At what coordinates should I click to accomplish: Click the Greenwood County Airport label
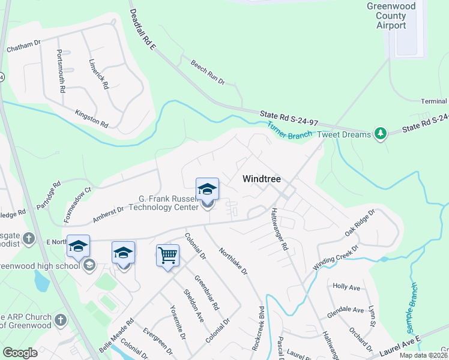coord(395,16)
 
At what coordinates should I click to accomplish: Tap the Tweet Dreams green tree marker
coord(379,134)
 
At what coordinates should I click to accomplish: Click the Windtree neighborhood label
coord(262,179)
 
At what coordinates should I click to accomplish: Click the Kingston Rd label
coord(91,119)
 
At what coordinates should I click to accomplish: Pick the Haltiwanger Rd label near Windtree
coord(280,229)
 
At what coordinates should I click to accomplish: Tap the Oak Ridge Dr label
coord(360,222)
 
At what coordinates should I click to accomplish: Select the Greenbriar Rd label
coord(206,288)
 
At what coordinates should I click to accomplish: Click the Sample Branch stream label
coord(412,304)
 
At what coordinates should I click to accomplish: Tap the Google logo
coord(20,353)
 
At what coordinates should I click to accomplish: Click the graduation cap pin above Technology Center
coord(207,189)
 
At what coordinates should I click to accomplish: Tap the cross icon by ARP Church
coord(59,320)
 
